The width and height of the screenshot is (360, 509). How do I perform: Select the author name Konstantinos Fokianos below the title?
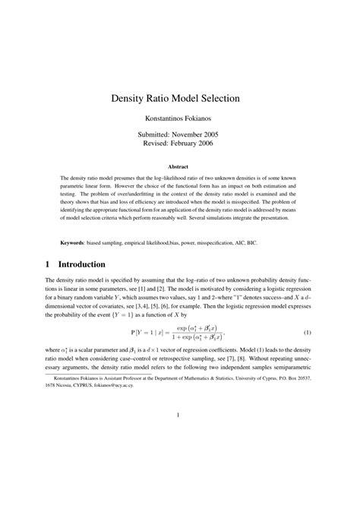click(180, 119)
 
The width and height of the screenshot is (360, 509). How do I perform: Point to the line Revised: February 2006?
click(180, 145)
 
